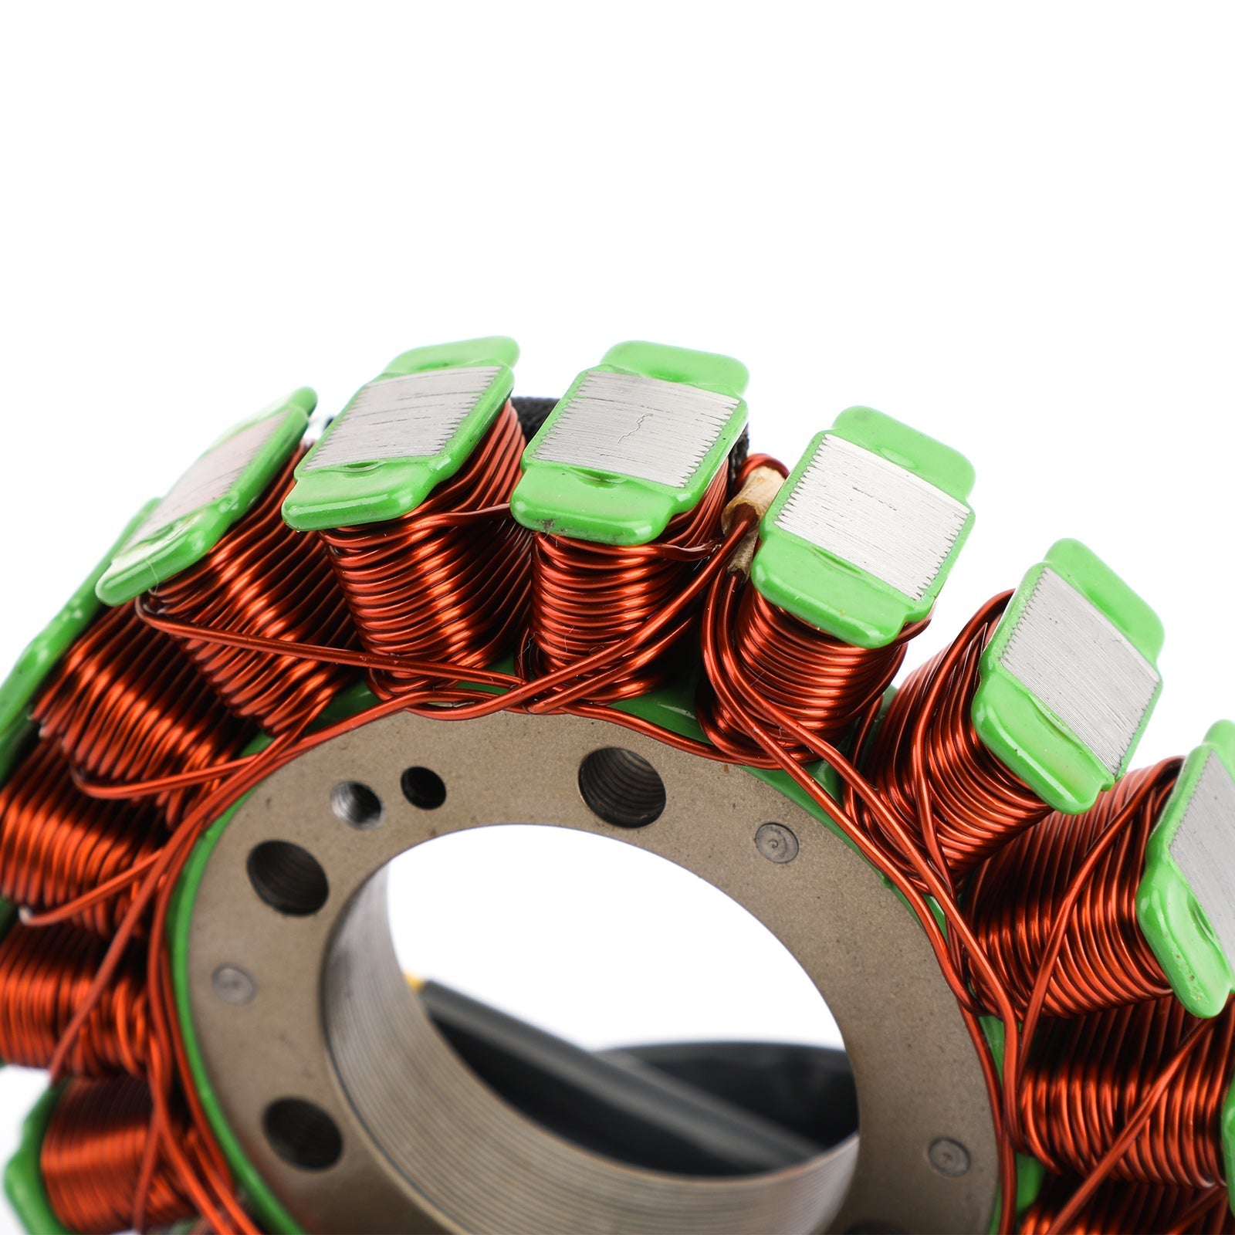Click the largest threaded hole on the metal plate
tap(621, 776)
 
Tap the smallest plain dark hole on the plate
tap(423, 787)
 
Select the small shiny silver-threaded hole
tap(357, 804)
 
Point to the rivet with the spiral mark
tap(775, 842)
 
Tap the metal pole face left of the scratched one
tap(405, 421)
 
